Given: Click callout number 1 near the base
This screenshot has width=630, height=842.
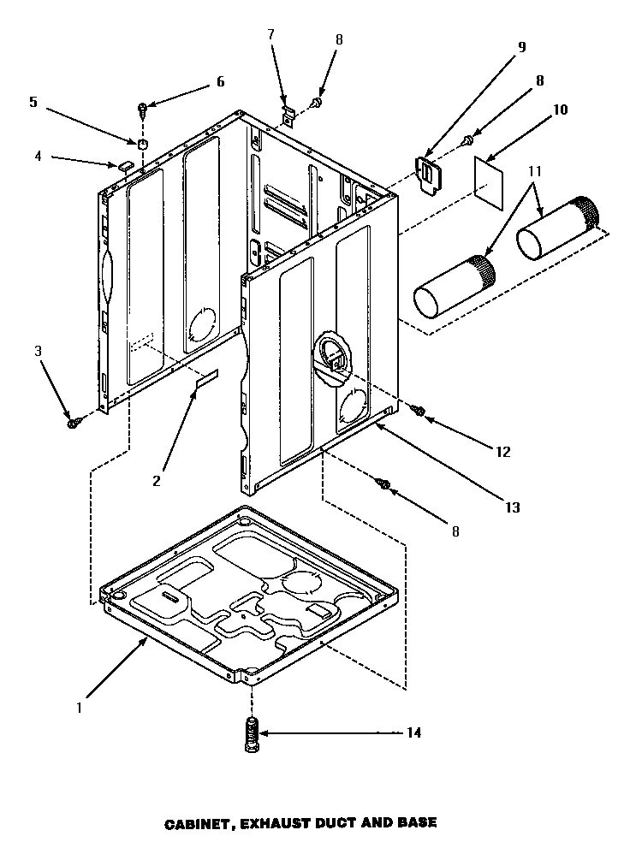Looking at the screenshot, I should tap(80, 708).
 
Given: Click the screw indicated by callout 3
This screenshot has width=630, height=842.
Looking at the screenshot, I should tap(74, 421).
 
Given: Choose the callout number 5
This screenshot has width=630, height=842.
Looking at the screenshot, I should tap(33, 102).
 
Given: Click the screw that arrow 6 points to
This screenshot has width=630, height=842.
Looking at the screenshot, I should tap(142, 108).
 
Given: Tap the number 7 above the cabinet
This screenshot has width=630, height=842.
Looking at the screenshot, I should tap(270, 34).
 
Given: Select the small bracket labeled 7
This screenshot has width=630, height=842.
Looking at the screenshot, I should tap(289, 112).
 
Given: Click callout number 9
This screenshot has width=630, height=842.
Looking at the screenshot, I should tap(520, 47).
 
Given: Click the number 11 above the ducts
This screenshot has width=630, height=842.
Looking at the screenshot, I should tap(535, 171).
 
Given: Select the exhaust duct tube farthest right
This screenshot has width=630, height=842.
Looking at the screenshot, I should tap(558, 229).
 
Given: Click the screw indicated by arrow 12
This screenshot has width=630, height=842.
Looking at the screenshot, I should tap(420, 412).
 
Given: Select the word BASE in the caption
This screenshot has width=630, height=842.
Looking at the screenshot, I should tap(417, 823).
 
